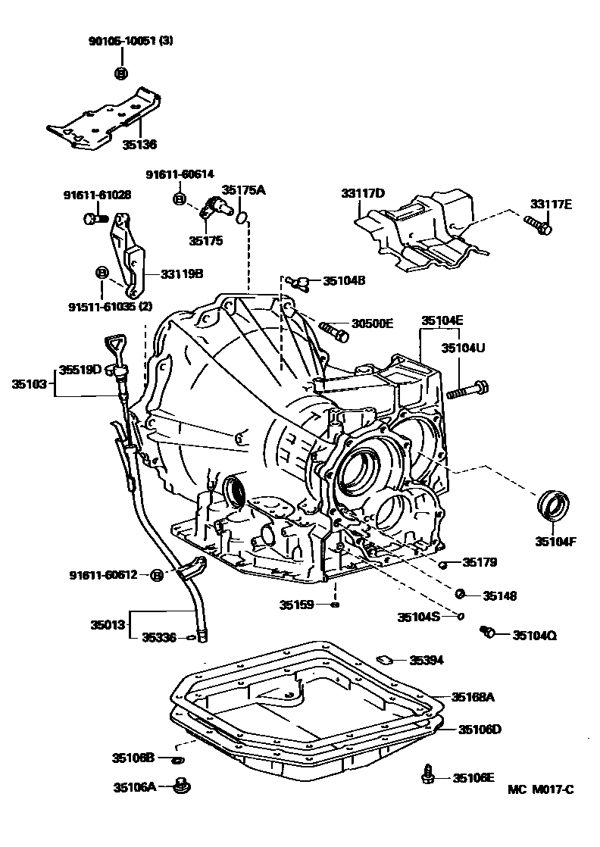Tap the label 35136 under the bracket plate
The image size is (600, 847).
click(139, 143)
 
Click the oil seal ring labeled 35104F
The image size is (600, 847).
click(555, 506)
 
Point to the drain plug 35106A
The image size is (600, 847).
click(180, 787)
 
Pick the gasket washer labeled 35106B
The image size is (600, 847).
click(177, 758)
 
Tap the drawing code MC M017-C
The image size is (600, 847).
click(542, 790)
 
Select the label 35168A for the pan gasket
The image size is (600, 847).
click(473, 696)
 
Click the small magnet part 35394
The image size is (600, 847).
click(384, 660)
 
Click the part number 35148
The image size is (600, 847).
click(500, 596)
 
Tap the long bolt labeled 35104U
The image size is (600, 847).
click(467, 392)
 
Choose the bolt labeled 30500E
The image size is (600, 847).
click(333, 330)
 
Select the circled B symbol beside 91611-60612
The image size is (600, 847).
click(157, 575)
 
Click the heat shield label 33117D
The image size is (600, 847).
click(363, 194)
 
